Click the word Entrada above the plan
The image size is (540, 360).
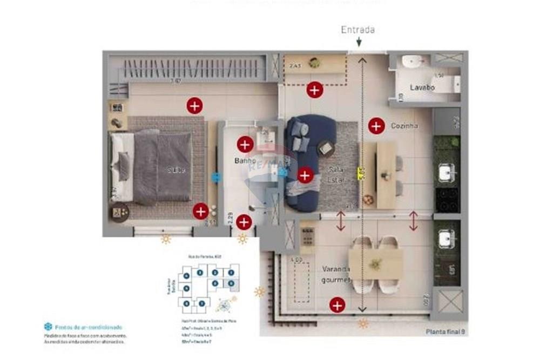[x=357, y=30]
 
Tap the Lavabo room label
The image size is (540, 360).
[x=422, y=87]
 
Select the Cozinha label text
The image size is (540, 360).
[x=404, y=126]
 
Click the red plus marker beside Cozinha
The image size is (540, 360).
[x=375, y=126]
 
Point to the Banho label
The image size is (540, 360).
[x=244, y=161]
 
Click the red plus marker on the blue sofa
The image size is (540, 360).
[x=305, y=175]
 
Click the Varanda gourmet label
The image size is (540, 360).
[x=336, y=274]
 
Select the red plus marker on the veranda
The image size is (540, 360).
[x=337, y=305]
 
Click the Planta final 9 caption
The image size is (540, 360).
[x=445, y=331]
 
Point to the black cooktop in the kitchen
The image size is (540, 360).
[x=447, y=200]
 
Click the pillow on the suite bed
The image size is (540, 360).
[x=124, y=165]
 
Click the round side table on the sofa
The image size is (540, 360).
[x=326, y=148]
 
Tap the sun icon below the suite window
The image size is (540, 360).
[x=165, y=239]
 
